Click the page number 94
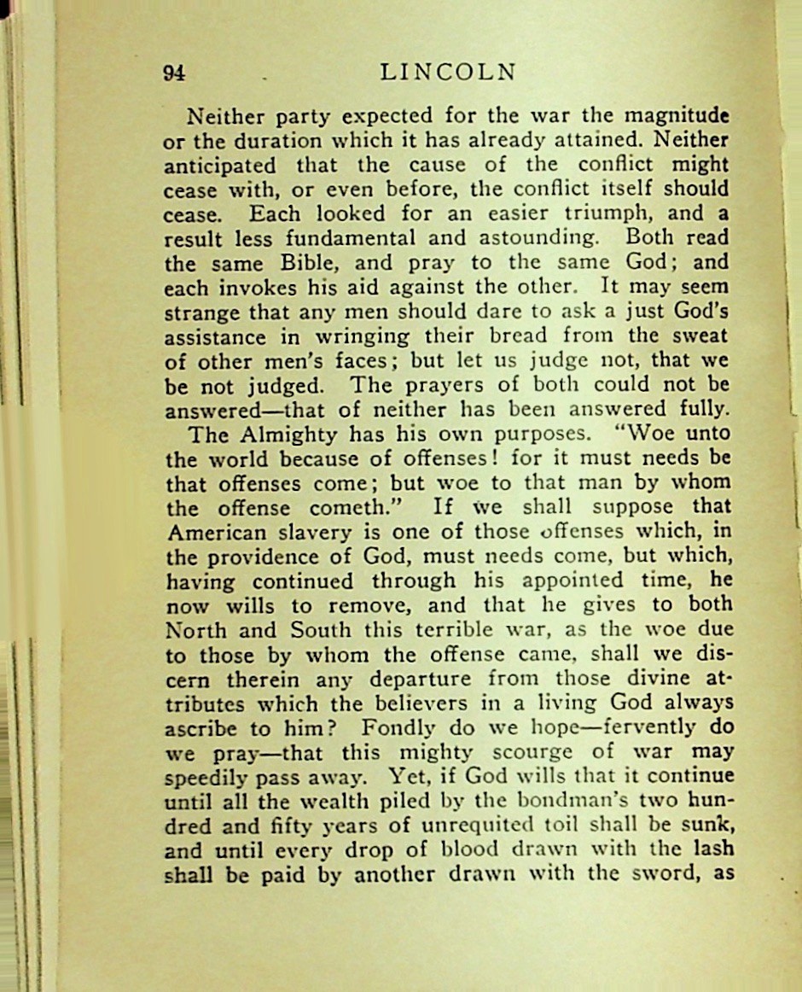pyautogui.click(x=174, y=73)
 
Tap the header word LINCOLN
pyautogui.click(x=448, y=73)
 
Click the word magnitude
pyautogui.click(x=678, y=115)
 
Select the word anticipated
pyautogui.click(x=220, y=165)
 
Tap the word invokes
pyautogui.click(x=257, y=286)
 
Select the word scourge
pyautogui.click(x=536, y=753)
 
